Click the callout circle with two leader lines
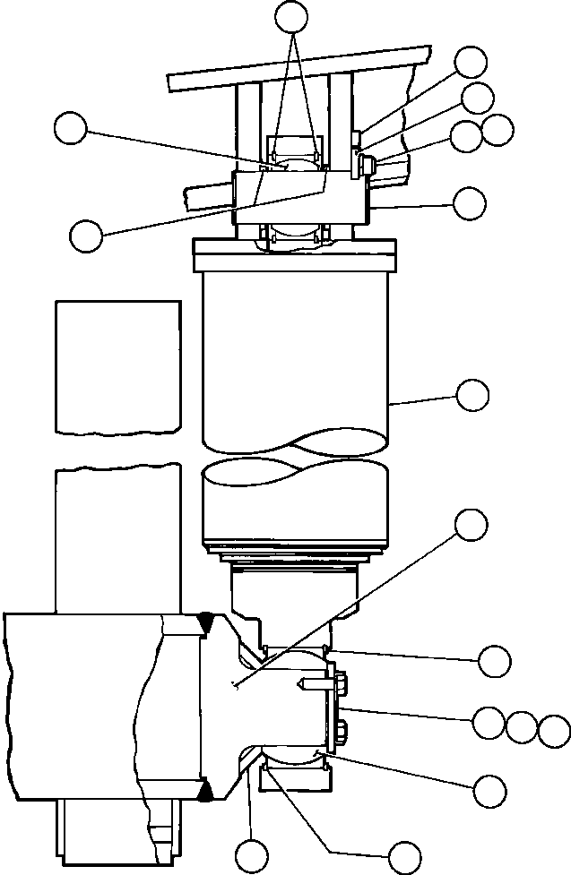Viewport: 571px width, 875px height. (x=290, y=15)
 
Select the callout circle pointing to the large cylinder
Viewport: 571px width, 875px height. (x=472, y=394)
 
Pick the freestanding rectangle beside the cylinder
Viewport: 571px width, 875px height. (x=117, y=365)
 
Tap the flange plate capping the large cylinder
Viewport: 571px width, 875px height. (x=294, y=256)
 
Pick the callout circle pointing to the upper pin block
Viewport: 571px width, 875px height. (x=471, y=202)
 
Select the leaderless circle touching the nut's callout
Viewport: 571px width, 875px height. (x=497, y=130)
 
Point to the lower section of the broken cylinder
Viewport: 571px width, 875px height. (x=296, y=506)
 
